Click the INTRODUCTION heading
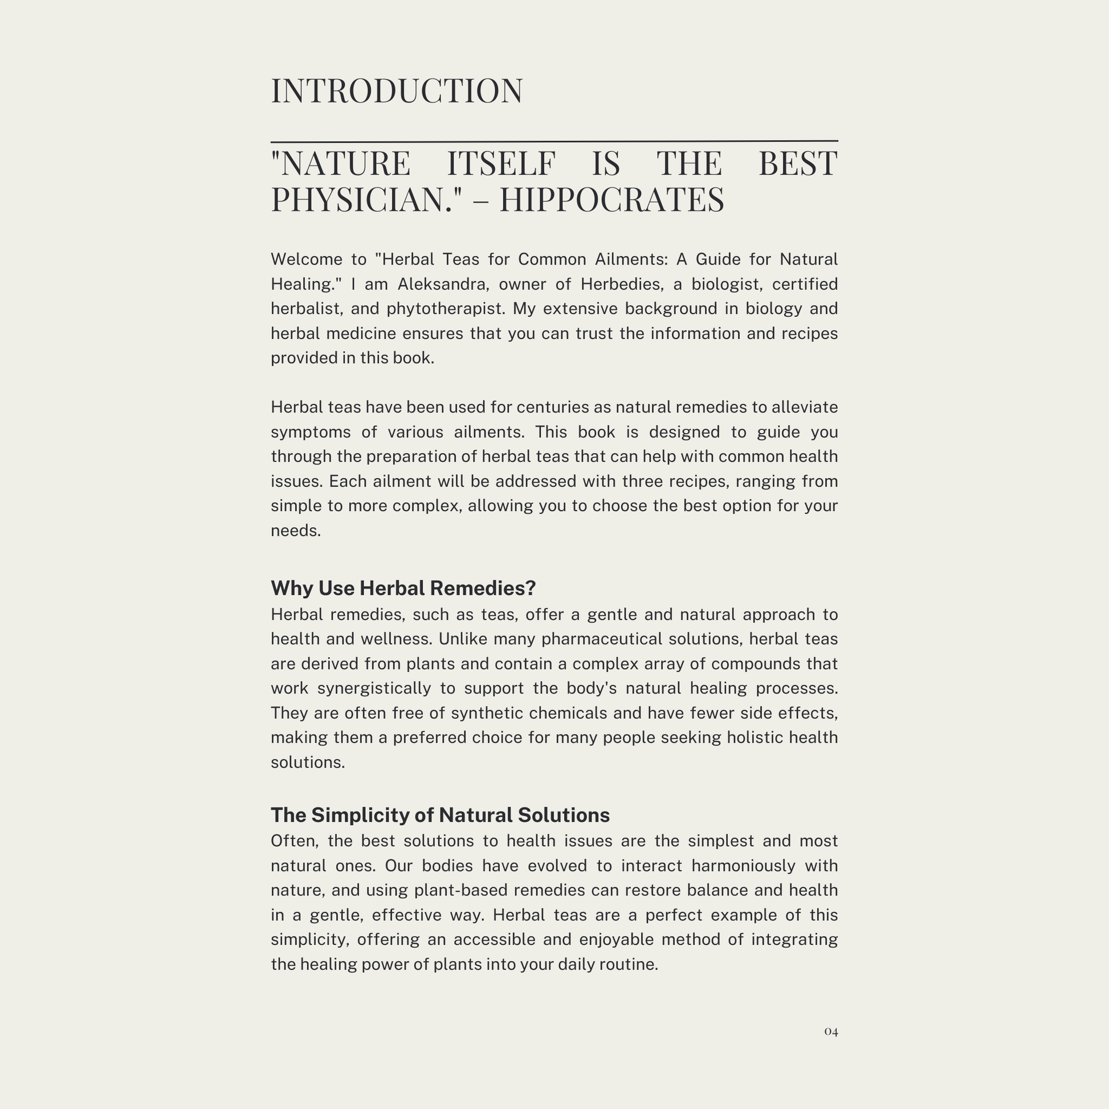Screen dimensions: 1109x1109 click(397, 91)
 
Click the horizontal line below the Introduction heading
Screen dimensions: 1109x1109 click(554, 141)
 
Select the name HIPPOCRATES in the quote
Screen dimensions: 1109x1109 click(611, 199)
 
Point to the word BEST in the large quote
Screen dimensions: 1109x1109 click(797, 163)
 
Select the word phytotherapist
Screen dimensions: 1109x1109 click(445, 309)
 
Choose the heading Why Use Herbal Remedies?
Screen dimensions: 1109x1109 click(403, 588)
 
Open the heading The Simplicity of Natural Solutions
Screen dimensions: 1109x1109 click(440, 814)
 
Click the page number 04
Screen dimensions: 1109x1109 click(830, 1031)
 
